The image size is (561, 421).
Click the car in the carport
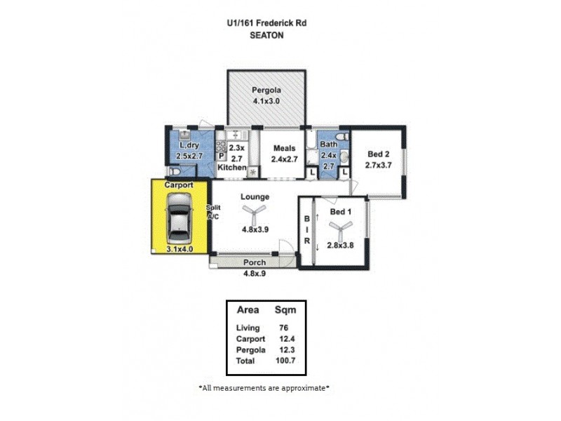tap(180, 219)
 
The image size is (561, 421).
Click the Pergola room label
tap(266, 91)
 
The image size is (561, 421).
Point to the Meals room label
tap(284, 148)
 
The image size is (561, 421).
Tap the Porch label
tap(254, 263)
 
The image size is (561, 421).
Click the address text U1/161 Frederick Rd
tap(266, 23)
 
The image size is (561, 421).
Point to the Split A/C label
tap(213, 213)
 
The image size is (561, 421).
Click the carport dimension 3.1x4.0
tap(180, 248)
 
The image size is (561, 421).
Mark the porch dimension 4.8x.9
tap(254, 274)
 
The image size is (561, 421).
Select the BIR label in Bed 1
tap(306, 230)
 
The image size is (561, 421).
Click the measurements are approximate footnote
tap(264, 387)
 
